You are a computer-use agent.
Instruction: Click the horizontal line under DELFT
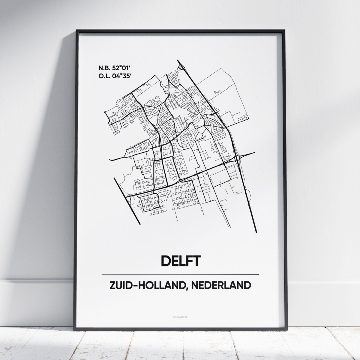(x=180, y=275)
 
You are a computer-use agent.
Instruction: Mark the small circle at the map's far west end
(x=105, y=112)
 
